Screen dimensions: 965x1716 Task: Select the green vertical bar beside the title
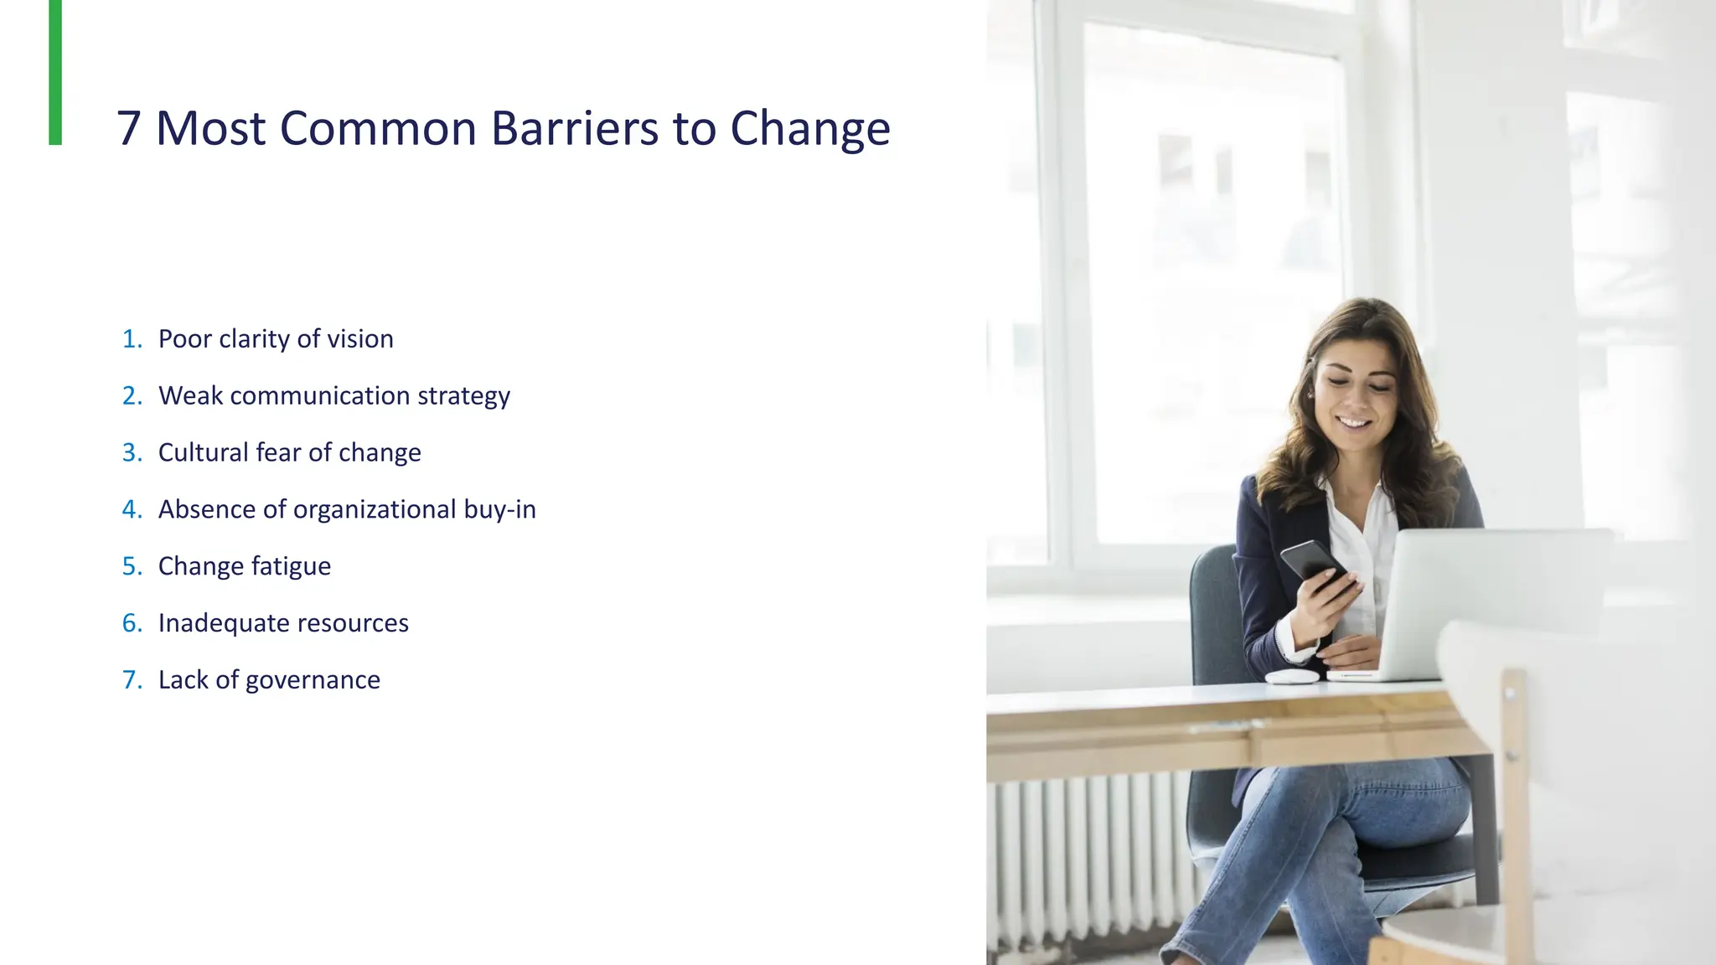(55, 72)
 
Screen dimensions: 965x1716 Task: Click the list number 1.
(131, 338)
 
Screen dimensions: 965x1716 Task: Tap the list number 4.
(131, 509)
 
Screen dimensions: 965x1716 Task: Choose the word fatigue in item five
(291, 566)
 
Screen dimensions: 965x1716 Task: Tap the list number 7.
(131, 680)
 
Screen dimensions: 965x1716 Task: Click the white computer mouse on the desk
(1291, 676)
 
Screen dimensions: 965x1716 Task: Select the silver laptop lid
(1491, 599)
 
